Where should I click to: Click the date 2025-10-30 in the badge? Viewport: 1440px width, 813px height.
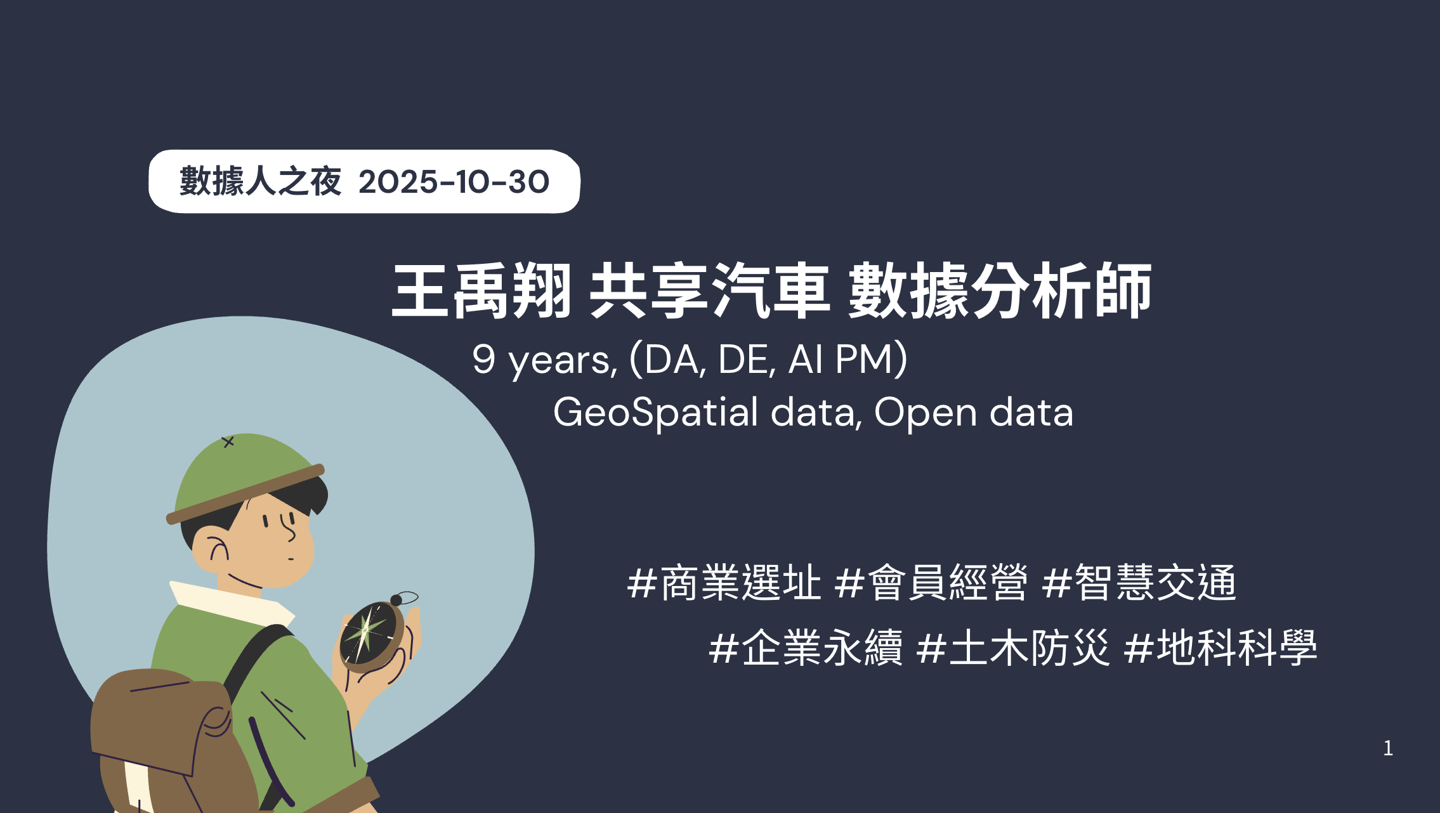(454, 182)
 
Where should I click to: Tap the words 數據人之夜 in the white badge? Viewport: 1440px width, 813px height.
(261, 181)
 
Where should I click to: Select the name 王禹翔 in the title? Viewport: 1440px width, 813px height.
(482, 291)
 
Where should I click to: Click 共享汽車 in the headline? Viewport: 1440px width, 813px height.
(709, 291)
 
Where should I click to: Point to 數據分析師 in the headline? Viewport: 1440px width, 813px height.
(1000, 291)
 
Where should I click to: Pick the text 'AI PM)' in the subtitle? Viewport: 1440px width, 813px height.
(848, 360)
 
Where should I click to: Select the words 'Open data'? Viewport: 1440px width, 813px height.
(973, 412)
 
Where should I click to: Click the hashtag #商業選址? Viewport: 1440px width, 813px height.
(724, 582)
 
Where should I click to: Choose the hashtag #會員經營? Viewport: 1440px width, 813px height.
(931, 582)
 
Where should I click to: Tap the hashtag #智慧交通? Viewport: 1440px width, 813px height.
(1139, 582)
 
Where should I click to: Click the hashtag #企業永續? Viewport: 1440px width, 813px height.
(806, 647)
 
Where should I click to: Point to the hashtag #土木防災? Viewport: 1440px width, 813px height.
(1013, 647)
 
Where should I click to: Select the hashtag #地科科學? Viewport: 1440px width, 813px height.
(1221, 647)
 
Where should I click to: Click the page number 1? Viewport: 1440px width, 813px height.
(1388, 748)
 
